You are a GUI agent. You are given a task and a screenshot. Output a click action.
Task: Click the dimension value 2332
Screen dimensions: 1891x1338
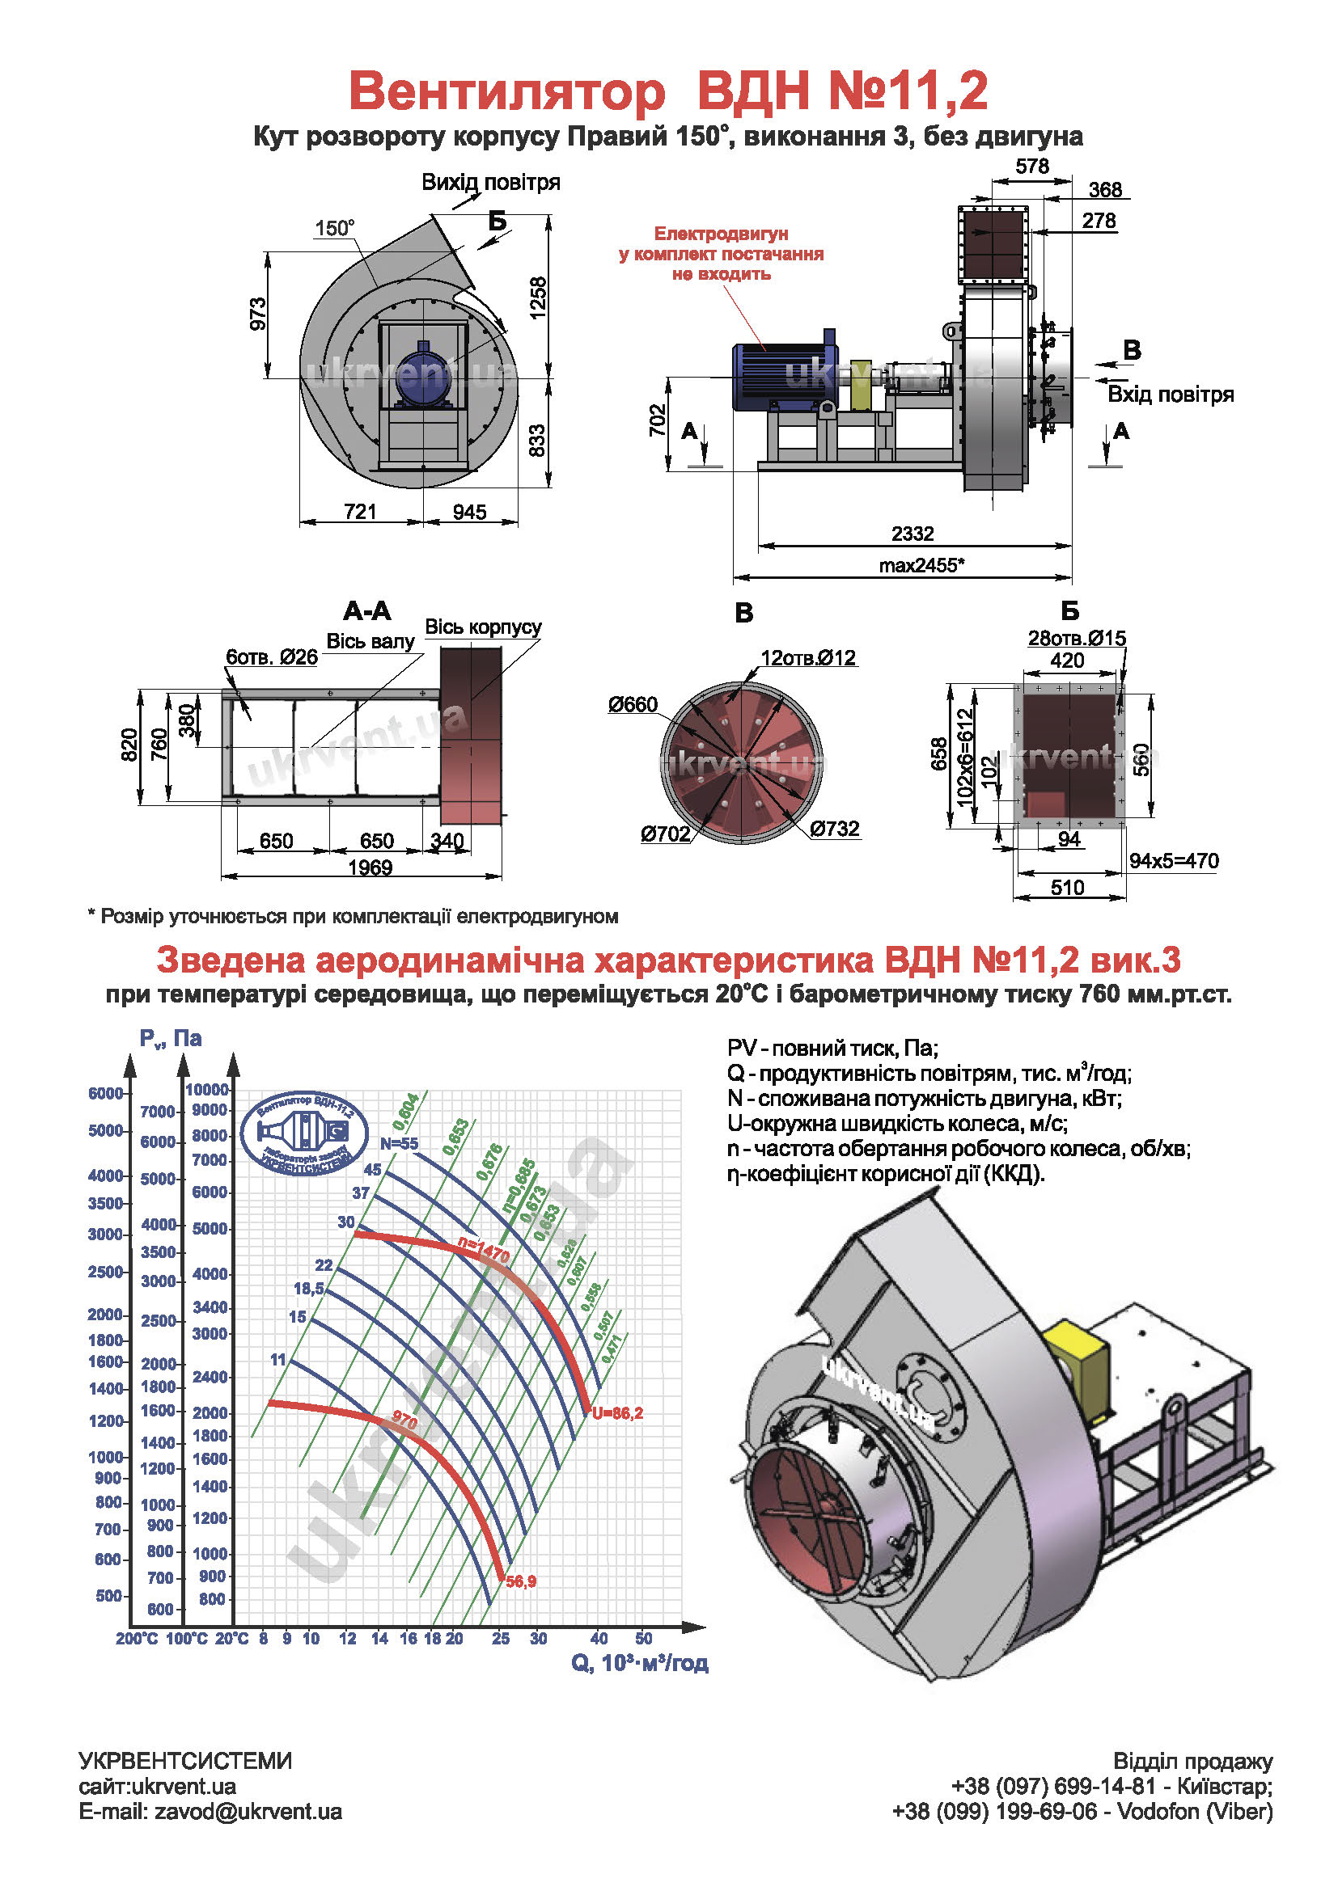(912, 534)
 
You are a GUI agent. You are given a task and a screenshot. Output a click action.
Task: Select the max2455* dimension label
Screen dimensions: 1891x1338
(921, 565)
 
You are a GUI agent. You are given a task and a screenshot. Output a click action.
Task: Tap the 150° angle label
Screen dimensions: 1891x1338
(335, 228)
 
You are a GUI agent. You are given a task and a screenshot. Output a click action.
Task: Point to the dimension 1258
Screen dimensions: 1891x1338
(538, 298)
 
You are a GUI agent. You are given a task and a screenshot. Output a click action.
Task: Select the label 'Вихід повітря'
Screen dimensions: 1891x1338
(490, 182)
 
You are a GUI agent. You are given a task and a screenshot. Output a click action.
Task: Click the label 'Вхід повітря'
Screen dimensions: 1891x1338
(1170, 395)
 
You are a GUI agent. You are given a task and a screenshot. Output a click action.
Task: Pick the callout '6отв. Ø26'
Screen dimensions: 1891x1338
(272, 657)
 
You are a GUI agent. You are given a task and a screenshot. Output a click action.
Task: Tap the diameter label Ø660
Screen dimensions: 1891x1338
(633, 704)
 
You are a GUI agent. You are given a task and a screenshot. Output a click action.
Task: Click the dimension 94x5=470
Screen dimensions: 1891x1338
(1173, 861)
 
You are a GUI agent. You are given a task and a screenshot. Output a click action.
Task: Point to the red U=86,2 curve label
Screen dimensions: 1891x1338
(617, 1413)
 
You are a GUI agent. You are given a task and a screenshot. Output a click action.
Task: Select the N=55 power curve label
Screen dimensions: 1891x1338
(399, 1144)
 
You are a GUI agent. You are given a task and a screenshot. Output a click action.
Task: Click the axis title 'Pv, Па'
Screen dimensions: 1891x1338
(170, 1039)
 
